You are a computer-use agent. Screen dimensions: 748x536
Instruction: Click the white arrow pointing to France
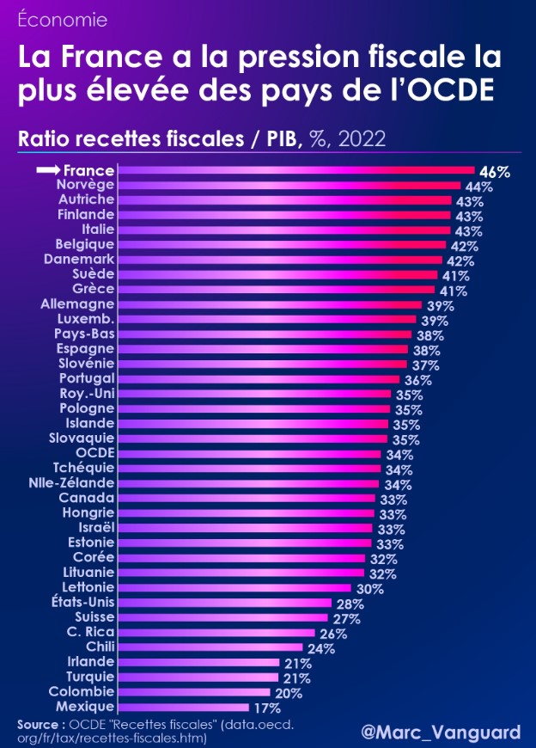point(48,170)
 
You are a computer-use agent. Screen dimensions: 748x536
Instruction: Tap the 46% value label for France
point(494,171)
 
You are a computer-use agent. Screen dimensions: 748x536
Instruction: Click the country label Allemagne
point(77,303)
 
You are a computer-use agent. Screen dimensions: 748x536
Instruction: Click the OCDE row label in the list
point(94,452)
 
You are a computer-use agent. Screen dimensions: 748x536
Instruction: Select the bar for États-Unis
point(224,603)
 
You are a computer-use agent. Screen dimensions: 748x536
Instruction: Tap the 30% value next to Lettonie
point(370,589)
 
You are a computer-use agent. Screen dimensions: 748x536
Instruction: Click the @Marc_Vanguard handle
point(441,732)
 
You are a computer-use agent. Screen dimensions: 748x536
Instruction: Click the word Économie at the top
point(51,19)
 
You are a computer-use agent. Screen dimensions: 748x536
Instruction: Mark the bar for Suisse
point(222,617)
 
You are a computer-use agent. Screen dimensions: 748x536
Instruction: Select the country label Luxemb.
point(86,318)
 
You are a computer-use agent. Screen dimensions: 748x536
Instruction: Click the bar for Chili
point(210,647)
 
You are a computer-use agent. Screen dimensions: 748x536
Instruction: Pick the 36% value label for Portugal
point(417,379)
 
